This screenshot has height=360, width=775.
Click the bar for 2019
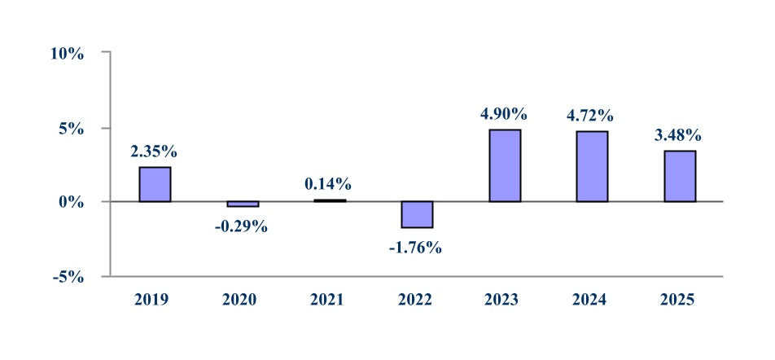click(x=155, y=184)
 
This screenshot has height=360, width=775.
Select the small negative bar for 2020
click(x=243, y=204)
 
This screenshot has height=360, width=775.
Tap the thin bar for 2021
click(x=331, y=200)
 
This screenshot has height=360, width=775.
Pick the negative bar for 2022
click(x=418, y=215)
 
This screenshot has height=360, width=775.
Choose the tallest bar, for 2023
click(x=505, y=165)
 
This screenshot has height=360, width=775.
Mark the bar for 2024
click(x=592, y=167)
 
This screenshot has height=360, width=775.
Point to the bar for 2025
click(x=680, y=176)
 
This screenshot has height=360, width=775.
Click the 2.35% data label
click(x=154, y=151)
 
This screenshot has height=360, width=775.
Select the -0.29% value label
click(x=241, y=227)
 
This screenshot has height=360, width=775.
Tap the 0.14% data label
click(x=328, y=184)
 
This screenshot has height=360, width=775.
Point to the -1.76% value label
click(x=415, y=248)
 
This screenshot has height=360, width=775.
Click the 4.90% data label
click(x=504, y=114)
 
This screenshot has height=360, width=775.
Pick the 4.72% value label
click(x=591, y=116)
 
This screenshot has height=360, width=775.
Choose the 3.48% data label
click(x=678, y=135)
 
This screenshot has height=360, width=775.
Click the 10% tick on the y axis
click(x=68, y=54)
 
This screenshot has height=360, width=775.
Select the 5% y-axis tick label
click(x=71, y=130)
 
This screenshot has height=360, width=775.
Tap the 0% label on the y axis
click(x=71, y=203)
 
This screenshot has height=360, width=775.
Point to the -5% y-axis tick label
click(x=68, y=278)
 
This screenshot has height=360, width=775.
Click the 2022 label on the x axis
click(x=416, y=300)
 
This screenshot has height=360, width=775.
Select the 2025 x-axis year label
click(x=679, y=300)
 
